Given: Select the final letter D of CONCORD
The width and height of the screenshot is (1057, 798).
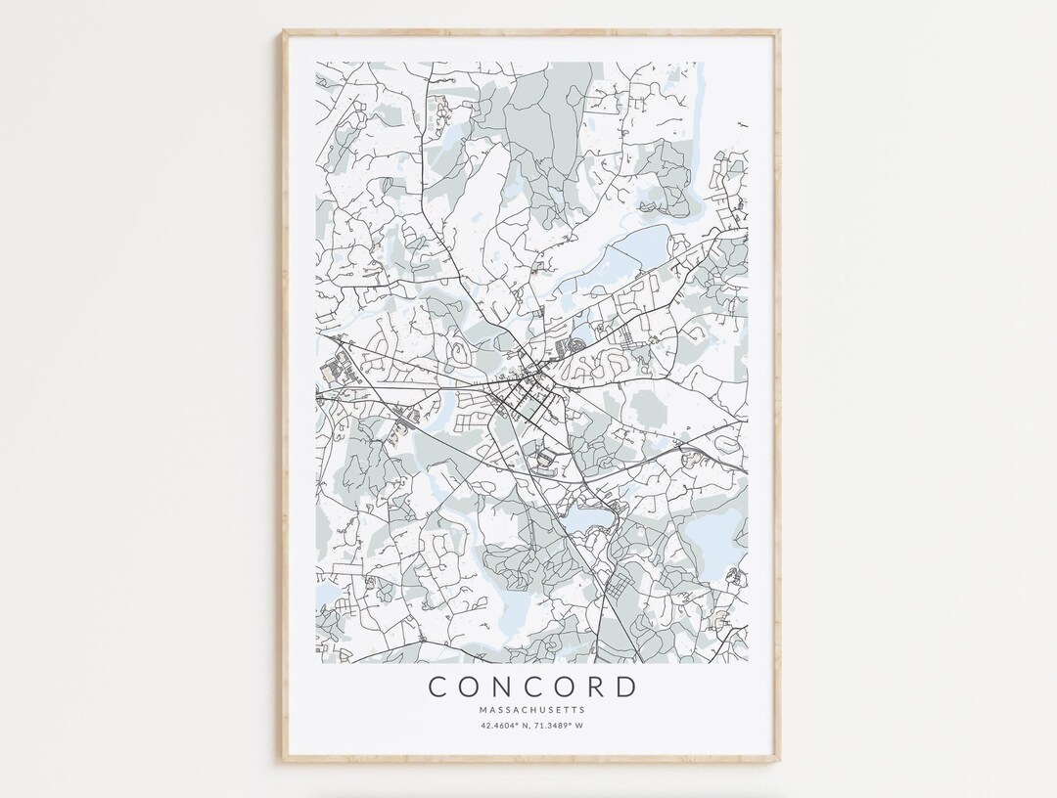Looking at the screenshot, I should click(626, 687).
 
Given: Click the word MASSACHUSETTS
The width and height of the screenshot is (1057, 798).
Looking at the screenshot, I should click(532, 709).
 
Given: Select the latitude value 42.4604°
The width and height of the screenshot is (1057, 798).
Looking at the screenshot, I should click(500, 726).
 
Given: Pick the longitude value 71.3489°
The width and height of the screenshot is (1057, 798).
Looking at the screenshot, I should click(556, 726).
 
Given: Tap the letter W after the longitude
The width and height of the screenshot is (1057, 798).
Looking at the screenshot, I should click(581, 726).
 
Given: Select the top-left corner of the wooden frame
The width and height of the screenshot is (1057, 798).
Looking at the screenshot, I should click(286, 32).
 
